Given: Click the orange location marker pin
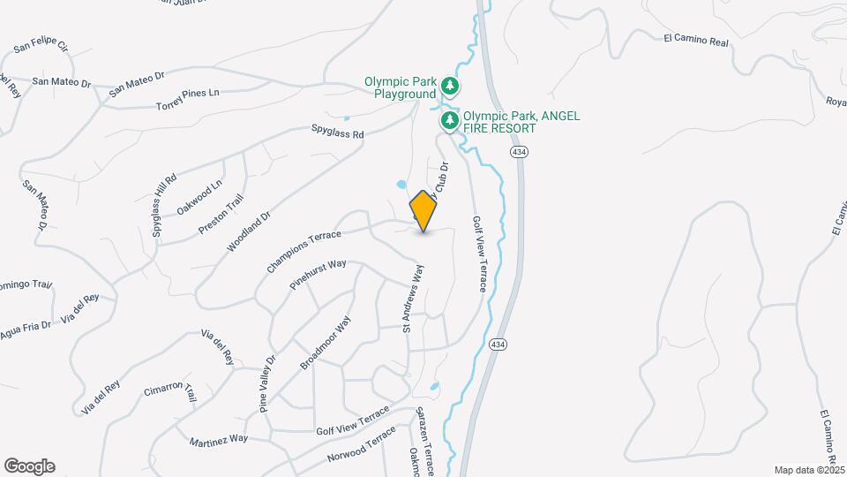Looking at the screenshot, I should [x=424, y=211].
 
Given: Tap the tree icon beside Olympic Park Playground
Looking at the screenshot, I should [x=451, y=86].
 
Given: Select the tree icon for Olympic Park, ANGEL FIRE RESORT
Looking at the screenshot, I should [x=450, y=119].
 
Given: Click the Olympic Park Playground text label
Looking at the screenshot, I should [x=401, y=87].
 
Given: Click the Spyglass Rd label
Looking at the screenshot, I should [x=338, y=134].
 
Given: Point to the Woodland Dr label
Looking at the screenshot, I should [x=248, y=231].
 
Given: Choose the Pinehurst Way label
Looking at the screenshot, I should [x=317, y=275].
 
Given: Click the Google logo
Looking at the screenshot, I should [x=29, y=466].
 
